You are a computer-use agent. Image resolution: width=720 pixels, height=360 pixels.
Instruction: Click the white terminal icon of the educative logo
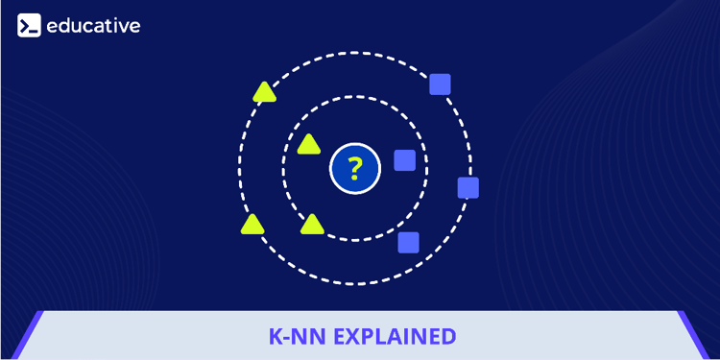[x=29, y=26]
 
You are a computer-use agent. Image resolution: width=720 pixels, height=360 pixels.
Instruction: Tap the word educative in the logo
[x=93, y=26]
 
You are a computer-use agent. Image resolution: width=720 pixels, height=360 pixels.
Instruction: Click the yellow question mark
[x=355, y=170]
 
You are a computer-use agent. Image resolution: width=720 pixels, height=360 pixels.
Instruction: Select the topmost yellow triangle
[x=264, y=93]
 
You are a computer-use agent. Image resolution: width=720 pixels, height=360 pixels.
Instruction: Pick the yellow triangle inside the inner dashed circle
[x=308, y=145]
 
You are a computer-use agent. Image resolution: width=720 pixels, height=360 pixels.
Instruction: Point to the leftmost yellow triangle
[x=252, y=226]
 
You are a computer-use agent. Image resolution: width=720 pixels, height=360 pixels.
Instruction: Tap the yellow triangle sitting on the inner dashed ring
[x=312, y=226]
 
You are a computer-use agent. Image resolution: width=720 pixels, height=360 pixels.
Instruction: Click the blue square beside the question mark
[x=405, y=160]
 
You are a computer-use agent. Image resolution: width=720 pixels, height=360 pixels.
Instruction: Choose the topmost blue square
[x=440, y=84]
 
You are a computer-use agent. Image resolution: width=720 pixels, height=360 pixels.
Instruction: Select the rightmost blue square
[x=468, y=187]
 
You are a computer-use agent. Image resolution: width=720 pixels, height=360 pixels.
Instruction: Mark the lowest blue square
[x=409, y=242]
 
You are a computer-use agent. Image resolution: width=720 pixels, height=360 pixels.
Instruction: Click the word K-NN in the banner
[x=294, y=337]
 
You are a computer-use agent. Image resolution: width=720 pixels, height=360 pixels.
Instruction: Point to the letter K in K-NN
[x=274, y=337]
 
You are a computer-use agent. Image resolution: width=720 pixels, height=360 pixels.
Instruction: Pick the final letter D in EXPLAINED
[x=447, y=337]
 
